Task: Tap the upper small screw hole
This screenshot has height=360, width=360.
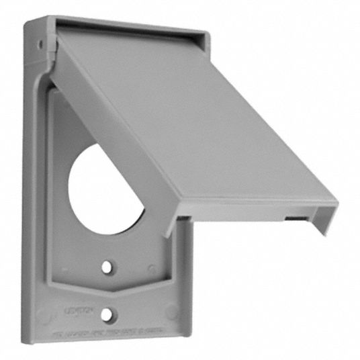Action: click(106, 267)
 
